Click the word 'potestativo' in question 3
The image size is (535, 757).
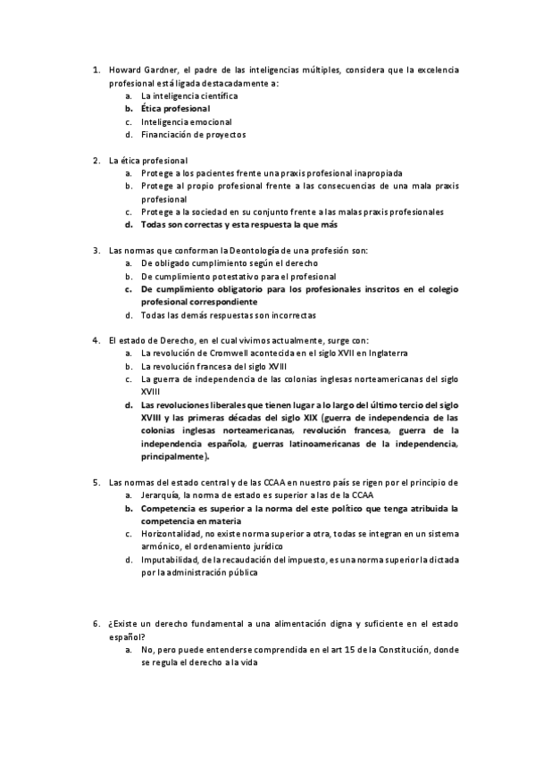[x=218, y=277]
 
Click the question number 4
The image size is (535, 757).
[x=96, y=340]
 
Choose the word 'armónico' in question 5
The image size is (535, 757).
[x=161, y=546]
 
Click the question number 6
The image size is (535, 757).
[x=96, y=623]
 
